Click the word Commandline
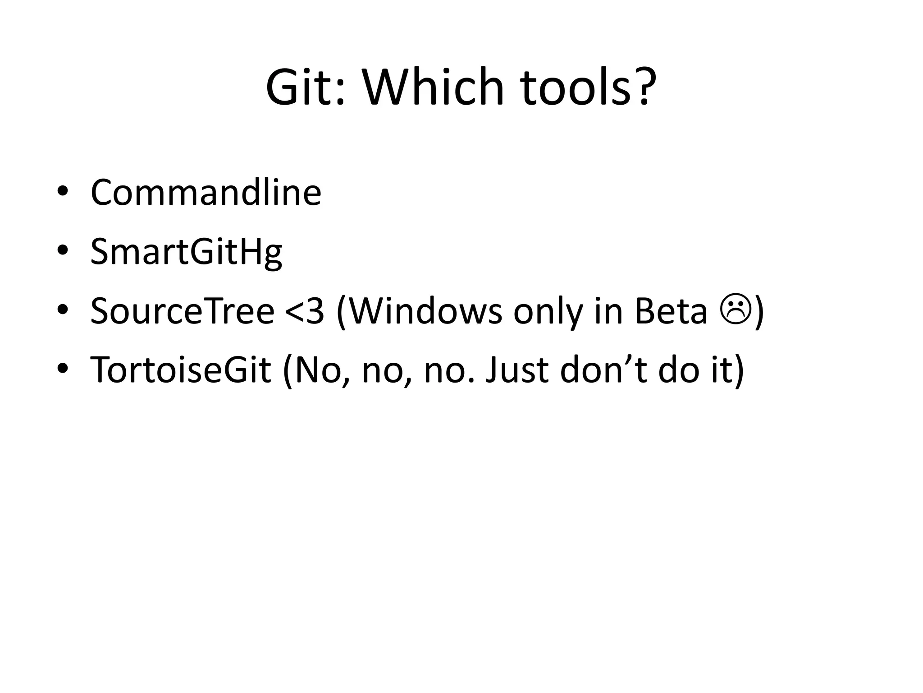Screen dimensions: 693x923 click(x=206, y=193)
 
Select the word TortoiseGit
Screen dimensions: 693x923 click(x=181, y=370)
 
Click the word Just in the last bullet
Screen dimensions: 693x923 click(x=516, y=370)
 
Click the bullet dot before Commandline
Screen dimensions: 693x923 click(x=63, y=191)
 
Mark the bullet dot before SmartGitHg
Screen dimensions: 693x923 click(x=63, y=250)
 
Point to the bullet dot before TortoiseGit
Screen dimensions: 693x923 click(x=63, y=369)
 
